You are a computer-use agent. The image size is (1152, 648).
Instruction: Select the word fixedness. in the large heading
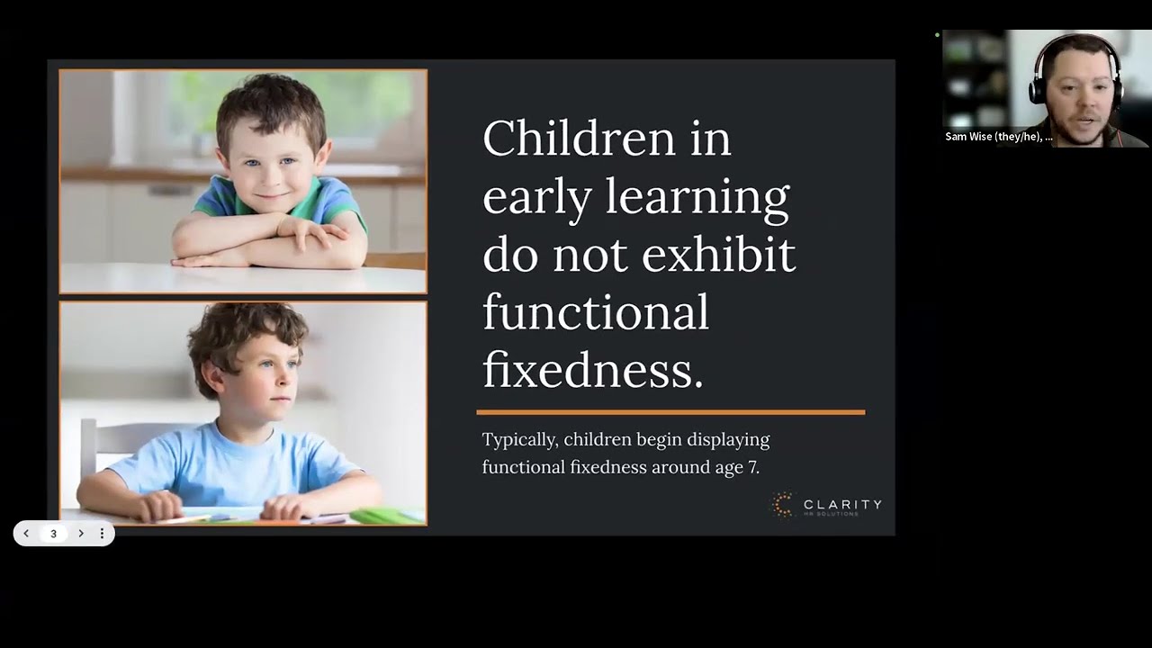click(592, 370)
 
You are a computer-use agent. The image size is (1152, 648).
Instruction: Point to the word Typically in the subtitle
click(519, 441)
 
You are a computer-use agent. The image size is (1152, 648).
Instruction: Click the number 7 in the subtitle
click(753, 468)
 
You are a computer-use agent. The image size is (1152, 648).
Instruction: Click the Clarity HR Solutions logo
click(826, 505)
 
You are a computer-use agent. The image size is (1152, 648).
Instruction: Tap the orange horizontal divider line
click(670, 412)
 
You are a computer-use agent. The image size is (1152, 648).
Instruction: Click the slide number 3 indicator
click(53, 534)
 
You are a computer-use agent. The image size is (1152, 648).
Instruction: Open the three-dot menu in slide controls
click(102, 534)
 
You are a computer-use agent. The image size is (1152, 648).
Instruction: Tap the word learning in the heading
click(697, 196)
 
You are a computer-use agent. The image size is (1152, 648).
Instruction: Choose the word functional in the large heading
click(595, 312)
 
